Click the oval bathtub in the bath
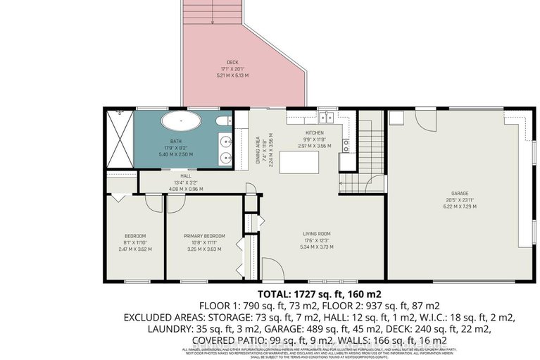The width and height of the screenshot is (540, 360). point(181,121)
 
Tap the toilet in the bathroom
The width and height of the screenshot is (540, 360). point(222,124)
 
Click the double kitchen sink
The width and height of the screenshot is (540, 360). point(327,117)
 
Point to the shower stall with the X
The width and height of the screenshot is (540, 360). point(119,139)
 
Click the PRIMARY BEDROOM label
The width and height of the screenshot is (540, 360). point(204,236)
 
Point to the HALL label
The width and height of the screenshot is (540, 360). point(186,176)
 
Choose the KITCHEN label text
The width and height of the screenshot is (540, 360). point(313,132)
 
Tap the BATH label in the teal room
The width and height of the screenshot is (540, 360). point(175,141)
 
